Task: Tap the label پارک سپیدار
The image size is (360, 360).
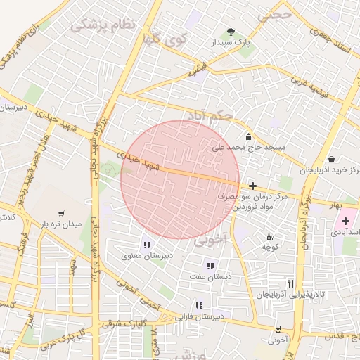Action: point(232,43)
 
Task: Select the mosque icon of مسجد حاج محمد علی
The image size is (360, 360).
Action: point(248,137)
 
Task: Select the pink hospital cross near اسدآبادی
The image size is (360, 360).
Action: point(345,221)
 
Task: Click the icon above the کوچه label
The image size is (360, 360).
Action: point(270,236)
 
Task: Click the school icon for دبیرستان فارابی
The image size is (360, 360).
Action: point(199,305)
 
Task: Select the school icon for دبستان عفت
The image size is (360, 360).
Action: point(210,266)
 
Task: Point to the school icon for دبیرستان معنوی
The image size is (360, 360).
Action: point(147,245)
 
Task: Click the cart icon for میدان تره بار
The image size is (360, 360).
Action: point(62,214)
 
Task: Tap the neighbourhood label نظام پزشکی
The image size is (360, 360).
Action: point(101,25)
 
